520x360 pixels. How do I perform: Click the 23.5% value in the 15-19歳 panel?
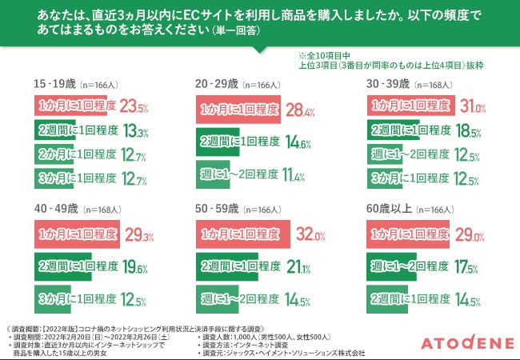click(133, 106)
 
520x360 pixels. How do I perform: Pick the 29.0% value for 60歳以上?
click(469, 235)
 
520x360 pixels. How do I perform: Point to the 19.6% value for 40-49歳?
click(134, 266)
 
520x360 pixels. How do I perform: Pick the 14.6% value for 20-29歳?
click(298, 143)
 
